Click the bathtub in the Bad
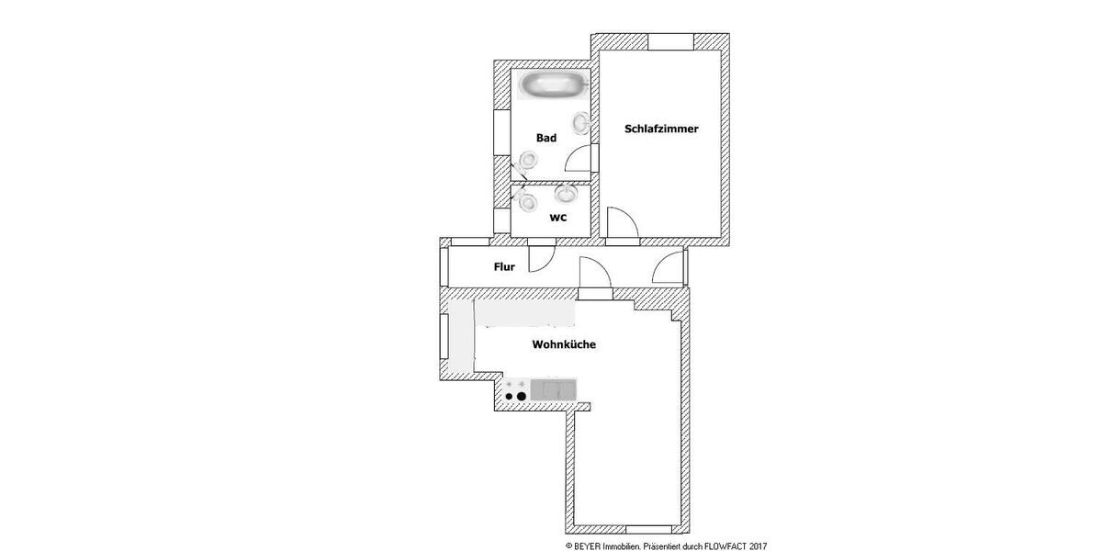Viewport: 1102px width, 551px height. [551, 87]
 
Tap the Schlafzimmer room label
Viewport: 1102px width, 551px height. [661, 129]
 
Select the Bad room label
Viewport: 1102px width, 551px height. [546, 138]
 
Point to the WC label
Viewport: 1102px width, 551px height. [557, 218]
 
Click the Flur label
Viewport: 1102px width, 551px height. [504, 267]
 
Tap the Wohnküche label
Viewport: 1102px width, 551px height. [564, 345]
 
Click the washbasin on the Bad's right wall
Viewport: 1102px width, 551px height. [582, 122]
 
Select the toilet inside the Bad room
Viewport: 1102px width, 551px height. [526, 162]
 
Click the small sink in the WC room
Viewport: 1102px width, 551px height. [567, 193]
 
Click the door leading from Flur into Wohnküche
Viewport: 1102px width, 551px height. [593, 273]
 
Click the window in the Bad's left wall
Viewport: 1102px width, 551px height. [500, 133]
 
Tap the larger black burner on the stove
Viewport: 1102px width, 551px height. [522, 397]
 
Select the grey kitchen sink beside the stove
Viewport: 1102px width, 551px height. [553, 390]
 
